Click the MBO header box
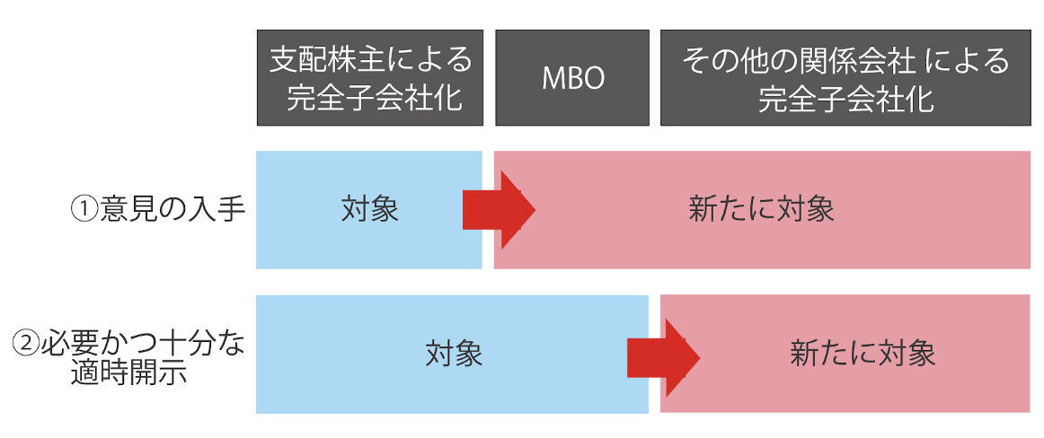pos(572,78)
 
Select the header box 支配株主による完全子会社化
pos(370,78)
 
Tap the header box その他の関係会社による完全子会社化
pos(845,78)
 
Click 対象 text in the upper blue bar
pos(369,209)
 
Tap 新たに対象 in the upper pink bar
pos(761,209)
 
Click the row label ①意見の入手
pos(157,209)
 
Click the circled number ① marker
pos(84,209)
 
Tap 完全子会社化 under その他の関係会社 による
pos(845,97)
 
